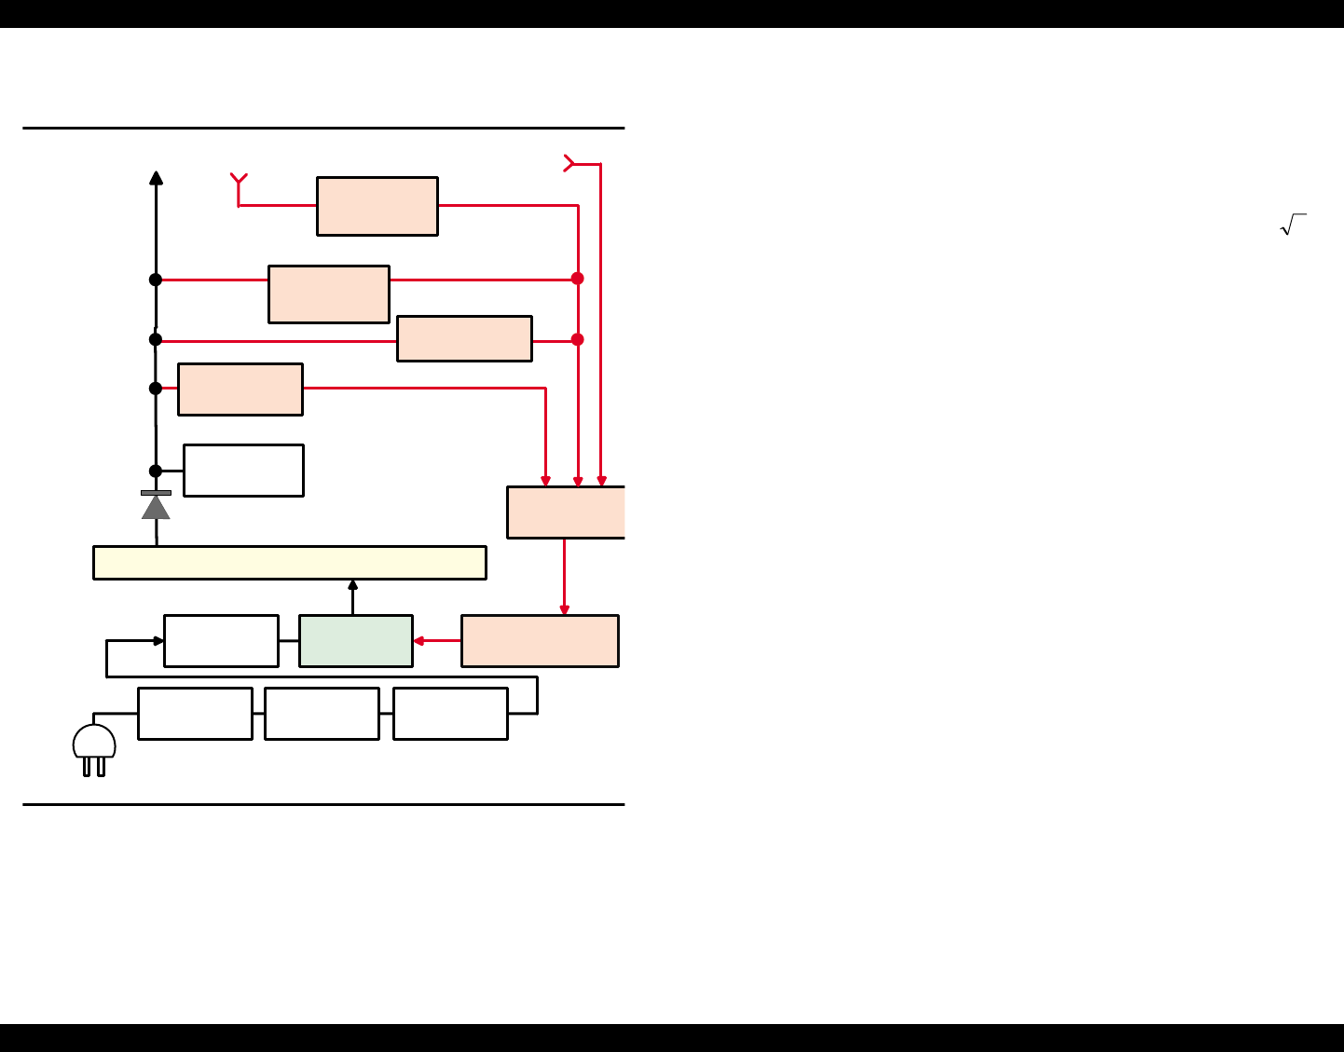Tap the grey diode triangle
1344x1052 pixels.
coord(156,507)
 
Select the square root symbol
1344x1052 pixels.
coord(1293,225)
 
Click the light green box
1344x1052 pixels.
coord(356,641)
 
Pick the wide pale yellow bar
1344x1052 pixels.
coord(290,563)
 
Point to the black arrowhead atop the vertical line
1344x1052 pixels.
coord(156,178)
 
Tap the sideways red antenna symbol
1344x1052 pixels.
coord(569,163)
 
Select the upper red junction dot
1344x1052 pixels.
coord(578,279)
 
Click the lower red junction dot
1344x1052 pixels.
coord(578,339)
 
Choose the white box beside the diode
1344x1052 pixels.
coord(243,471)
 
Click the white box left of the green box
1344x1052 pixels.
coord(221,641)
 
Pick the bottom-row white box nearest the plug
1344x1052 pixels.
coord(195,714)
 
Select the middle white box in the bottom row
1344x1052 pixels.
coord(322,714)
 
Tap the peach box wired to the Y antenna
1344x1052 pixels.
coord(377,206)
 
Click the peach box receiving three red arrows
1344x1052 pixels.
coord(566,512)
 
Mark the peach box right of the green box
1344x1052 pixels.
coord(540,641)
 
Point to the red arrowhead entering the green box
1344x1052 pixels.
coord(418,641)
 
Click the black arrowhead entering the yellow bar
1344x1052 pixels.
coord(352,584)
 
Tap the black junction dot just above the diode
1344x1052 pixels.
coord(156,471)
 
